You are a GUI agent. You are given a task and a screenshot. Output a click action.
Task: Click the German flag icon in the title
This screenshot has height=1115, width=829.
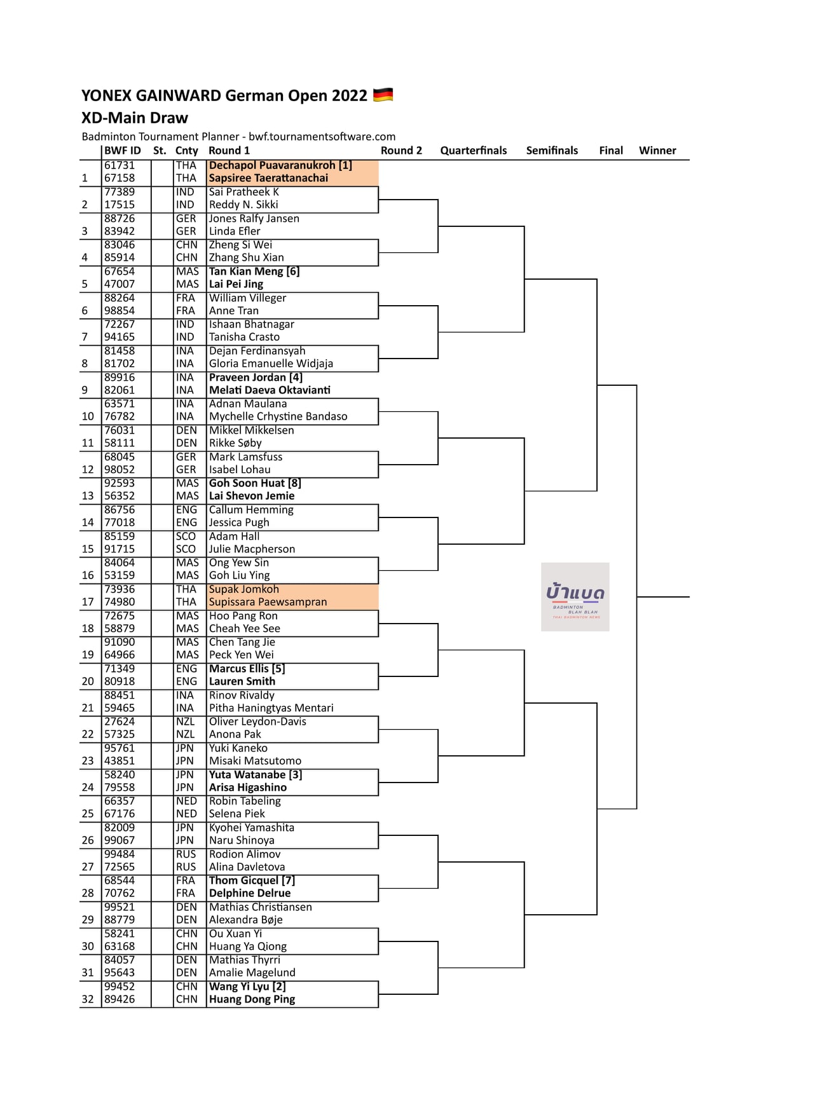pyautogui.click(x=383, y=95)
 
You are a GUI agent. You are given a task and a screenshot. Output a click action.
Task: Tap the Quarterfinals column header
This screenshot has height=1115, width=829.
pyautogui.click(x=473, y=151)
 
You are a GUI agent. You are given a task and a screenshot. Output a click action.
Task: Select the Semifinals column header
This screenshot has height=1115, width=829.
pyautogui.click(x=552, y=151)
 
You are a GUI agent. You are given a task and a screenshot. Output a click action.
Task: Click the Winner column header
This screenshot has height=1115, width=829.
pyautogui.click(x=657, y=151)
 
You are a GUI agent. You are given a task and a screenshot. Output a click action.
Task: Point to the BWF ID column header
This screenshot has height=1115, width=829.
pyautogui.click(x=123, y=151)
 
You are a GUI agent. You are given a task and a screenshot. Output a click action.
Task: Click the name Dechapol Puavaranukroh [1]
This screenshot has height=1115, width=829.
pyautogui.click(x=280, y=165)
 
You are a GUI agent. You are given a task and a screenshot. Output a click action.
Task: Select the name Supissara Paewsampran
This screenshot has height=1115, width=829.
pyautogui.click(x=268, y=602)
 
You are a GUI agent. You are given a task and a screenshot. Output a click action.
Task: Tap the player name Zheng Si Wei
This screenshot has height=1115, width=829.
pyautogui.click(x=240, y=245)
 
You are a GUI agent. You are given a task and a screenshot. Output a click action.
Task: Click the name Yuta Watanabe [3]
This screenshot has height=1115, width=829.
pyautogui.click(x=256, y=775)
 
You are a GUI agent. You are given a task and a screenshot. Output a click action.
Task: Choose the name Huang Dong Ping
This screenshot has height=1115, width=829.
pyautogui.click(x=252, y=999)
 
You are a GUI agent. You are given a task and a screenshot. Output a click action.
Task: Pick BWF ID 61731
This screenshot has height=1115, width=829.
pyautogui.click(x=120, y=165)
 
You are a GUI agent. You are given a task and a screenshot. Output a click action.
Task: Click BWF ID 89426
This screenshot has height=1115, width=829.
pyautogui.click(x=120, y=999)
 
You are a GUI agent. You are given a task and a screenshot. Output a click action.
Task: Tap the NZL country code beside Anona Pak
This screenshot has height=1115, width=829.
pyautogui.click(x=186, y=734)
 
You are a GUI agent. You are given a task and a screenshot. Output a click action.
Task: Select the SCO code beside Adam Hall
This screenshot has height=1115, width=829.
pyautogui.click(x=186, y=537)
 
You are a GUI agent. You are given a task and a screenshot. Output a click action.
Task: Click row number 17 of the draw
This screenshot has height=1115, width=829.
pyautogui.click(x=88, y=602)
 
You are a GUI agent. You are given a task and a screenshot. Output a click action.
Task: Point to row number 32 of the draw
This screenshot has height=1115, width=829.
pyautogui.click(x=88, y=999)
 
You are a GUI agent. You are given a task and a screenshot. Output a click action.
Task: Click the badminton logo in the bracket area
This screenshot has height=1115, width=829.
pyautogui.click(x=575, y=597)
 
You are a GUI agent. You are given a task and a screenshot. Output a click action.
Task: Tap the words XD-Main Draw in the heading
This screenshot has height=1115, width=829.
pyautogui.click(x=135, y=118)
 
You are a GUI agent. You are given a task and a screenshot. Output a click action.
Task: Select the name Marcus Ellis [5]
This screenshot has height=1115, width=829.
pyautogui.click(x=247, y=669)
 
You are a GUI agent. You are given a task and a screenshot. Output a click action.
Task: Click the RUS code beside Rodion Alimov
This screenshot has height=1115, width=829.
pyautogui.click(x=186, y=854)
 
